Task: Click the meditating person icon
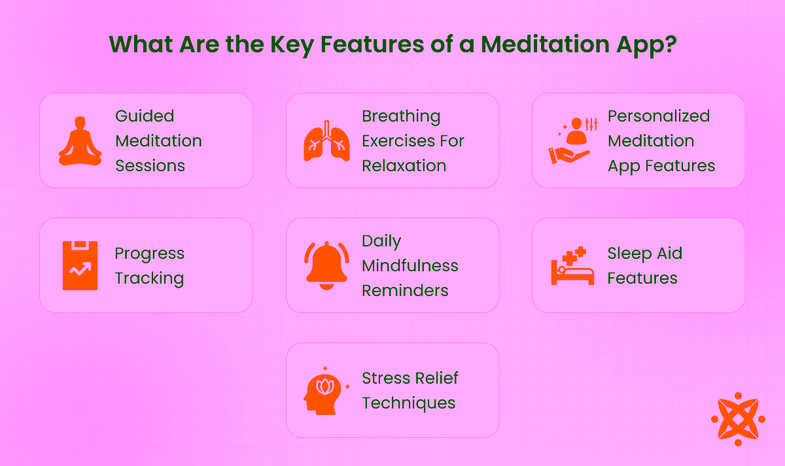click(x=80, y=141)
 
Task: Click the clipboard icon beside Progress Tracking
click(x=80, y=265)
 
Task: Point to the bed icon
click(x=572, y=266)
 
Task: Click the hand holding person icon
click(x=572, y=141)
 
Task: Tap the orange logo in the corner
click(x=738, y=419)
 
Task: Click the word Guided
click(x=145, y=116)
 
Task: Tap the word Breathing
click(x=401, y=116)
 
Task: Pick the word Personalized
click(x=659, y=116)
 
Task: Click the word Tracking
click(x=149, y=278)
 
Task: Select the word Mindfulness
click(x=410, y=266)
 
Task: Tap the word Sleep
click(x=626, y=254)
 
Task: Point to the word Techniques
click(x=409, y=403)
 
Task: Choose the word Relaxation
click(x=404, y=166)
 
